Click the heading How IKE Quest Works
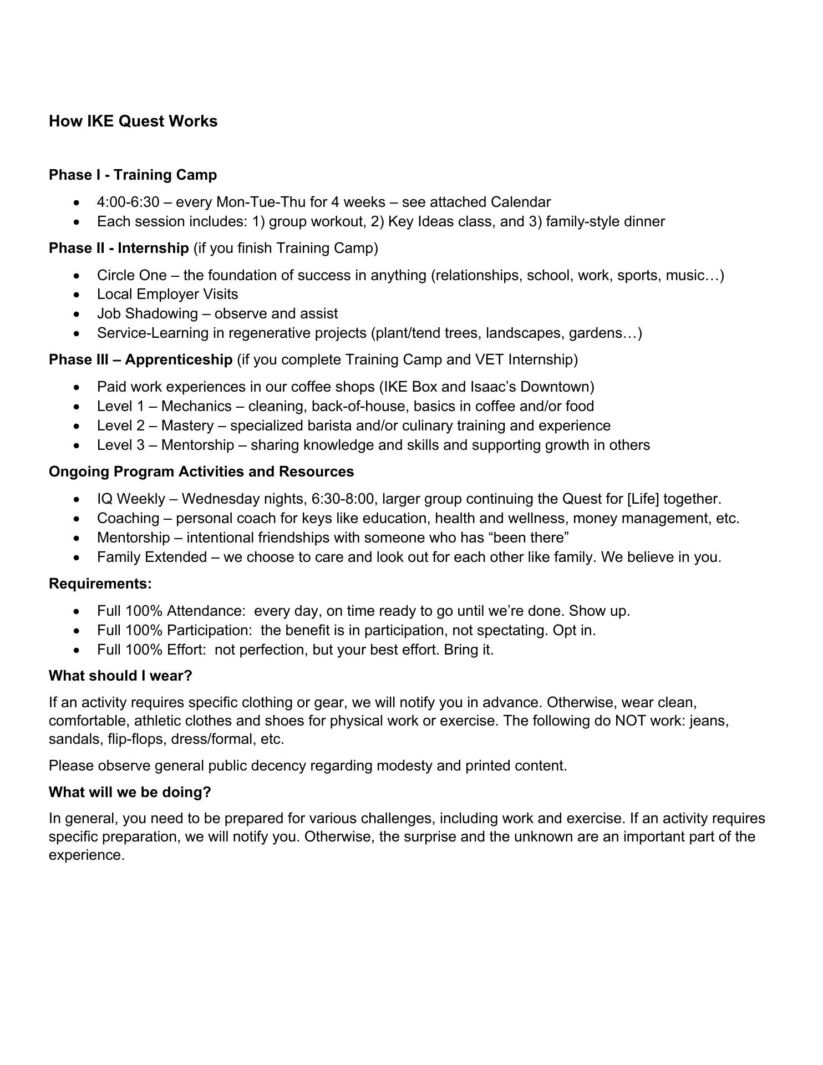click(133, 121)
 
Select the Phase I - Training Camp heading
click(133, 175)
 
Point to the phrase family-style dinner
click(605, 221)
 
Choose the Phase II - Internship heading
click(119, 248)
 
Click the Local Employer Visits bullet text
click(167, 294)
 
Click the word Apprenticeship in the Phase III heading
click(179, 359)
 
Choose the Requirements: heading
click(100, 584)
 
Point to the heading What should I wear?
click(120, 676)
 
